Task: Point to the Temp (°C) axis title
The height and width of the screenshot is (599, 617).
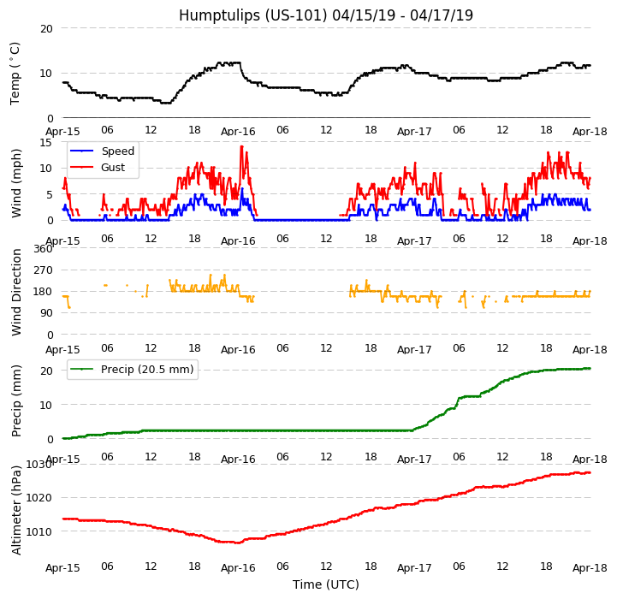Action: click(x=15, y=73)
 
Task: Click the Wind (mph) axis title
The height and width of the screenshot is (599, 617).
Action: click(x=16, y=182)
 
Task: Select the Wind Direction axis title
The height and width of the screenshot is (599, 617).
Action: click(x=16, y=292)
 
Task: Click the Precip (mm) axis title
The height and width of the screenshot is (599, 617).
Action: click(x=16, y=400)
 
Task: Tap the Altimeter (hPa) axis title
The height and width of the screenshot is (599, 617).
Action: click(x=16, y=510)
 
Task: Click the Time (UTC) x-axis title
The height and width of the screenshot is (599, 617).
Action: click(x=325, y=585)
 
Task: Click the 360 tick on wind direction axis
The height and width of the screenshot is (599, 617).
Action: click(x=43, y=249)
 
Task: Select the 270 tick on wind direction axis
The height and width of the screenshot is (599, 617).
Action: click(x=43, y=270)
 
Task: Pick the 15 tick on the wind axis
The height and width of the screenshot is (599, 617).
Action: click(x=46, y=143)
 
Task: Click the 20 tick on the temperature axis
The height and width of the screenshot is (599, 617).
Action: click(x=46, y=28)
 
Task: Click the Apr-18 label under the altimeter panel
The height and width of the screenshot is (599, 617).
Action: click(x=590, y=568)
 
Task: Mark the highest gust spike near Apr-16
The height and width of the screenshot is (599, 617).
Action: click(x=241, y=146)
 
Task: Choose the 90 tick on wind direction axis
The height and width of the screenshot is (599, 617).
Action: click(x=46, y=314)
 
